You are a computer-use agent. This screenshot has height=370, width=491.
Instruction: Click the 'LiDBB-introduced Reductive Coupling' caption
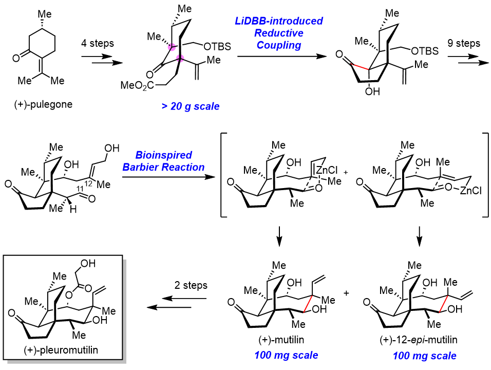(x=276, y=33)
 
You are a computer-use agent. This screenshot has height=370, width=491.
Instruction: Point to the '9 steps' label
(x=463, y=44)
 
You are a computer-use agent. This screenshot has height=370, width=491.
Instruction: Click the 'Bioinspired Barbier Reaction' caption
(x=170, y=161)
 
